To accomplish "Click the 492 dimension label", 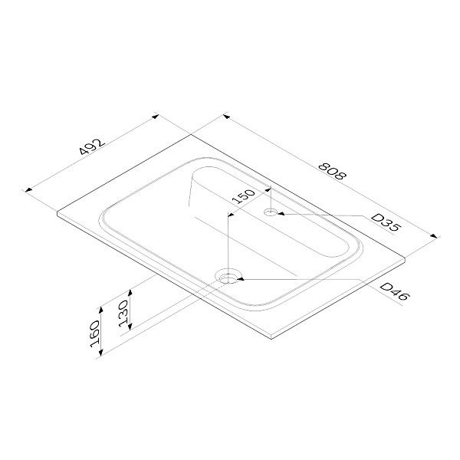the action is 93,146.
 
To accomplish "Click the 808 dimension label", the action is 333,171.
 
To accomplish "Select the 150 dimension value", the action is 244,196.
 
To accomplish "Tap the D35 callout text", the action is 386,222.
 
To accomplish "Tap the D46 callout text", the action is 394,291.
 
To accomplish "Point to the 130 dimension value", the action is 123,314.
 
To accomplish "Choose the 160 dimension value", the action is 95,334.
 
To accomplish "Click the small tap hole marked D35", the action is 271,212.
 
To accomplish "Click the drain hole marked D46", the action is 229,277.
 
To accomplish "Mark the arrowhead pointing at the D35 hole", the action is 281,214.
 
